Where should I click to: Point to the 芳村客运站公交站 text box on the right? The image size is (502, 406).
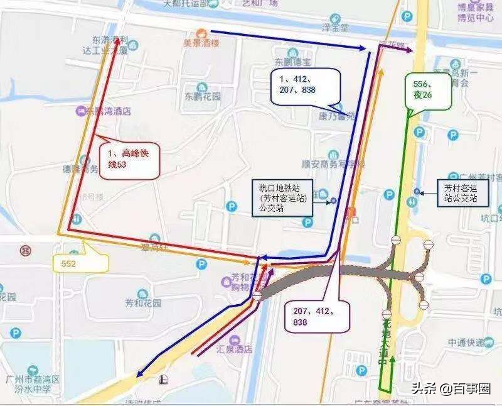(x=461, y=192)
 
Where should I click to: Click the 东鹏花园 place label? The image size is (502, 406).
(x=203, y=97)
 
